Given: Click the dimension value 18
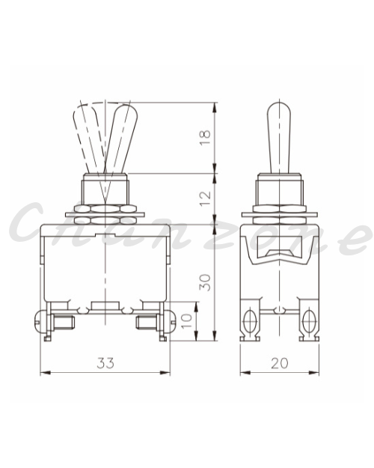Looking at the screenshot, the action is (205, 137).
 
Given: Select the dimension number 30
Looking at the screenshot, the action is (205, 282).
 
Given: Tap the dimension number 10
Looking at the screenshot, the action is (187, 320).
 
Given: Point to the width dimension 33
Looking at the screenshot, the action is (105, 363).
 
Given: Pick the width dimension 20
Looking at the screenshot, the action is (280, 363).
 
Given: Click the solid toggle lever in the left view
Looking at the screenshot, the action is (120, 139).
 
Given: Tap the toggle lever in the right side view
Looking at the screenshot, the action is (279, 138).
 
